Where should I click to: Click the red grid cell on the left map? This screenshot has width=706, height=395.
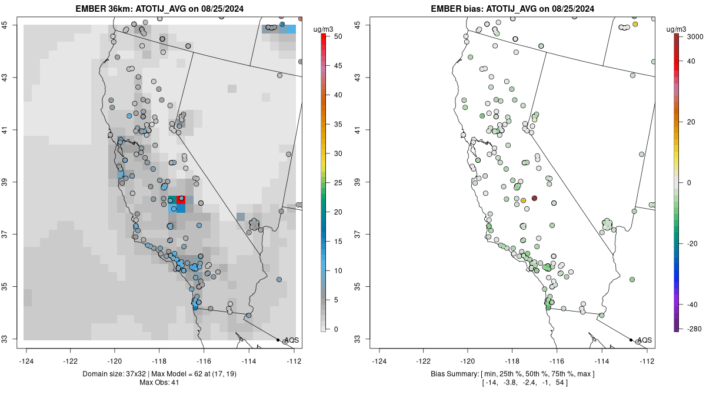point(181,200)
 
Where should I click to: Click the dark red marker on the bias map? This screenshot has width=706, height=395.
point(534,198)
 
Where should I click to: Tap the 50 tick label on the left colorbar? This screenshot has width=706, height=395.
point(337,36)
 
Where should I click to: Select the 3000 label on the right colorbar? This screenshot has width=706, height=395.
point(695,36)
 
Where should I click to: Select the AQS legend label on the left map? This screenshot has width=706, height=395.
point(292,340)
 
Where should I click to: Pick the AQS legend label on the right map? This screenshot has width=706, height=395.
point(645,340)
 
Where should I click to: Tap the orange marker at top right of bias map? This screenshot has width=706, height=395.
point(635,24)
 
